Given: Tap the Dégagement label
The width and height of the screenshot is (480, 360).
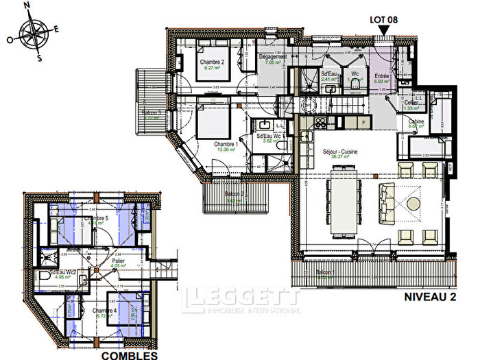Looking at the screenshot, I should click(272, 57).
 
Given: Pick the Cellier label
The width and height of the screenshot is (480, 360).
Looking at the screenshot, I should click(412, 102).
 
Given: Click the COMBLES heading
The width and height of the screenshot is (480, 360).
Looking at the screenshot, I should click(130, 355).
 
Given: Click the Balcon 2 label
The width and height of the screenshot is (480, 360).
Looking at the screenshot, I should click(235, 194).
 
